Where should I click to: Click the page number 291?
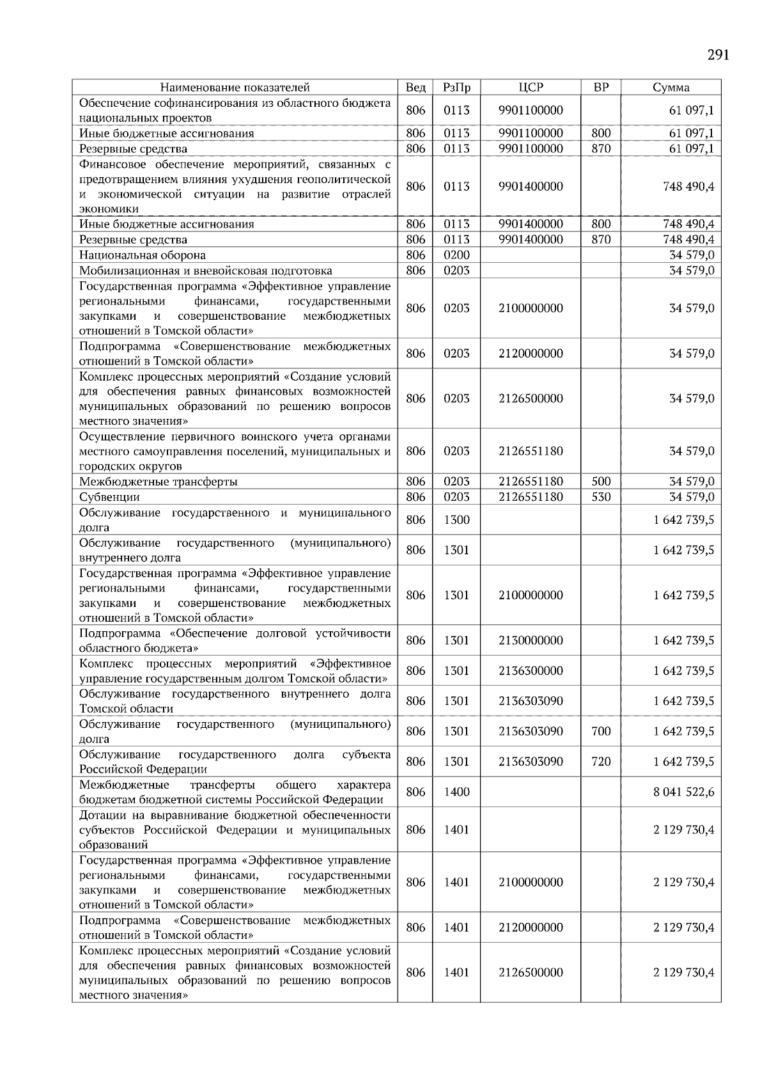tap(718, 55)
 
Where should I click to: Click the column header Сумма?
tap(670, 88)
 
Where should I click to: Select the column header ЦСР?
tap(531, 88)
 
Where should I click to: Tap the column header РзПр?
tap(456, 88)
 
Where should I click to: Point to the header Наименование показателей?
tap(235, 88)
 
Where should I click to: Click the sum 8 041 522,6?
tap(683, 792)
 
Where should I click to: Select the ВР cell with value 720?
tap(601, 761)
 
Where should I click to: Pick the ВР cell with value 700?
tap(601, 731)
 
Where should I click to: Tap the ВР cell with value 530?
tap(601, 497)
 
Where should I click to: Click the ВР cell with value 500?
tap(601, 482)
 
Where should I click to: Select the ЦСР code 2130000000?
tap(531, 640)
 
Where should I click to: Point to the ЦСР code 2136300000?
tap(531, 670)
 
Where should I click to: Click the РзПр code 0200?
tap(456, 255)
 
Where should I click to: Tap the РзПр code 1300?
tap(456, 520)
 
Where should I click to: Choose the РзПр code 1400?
tap(456, 792)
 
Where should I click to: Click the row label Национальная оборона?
tap(143, 255)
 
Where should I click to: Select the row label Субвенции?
tap(109, 497)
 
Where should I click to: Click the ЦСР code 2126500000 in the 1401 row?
tap(531, 972)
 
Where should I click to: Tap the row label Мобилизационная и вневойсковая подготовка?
tap(205, 271)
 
